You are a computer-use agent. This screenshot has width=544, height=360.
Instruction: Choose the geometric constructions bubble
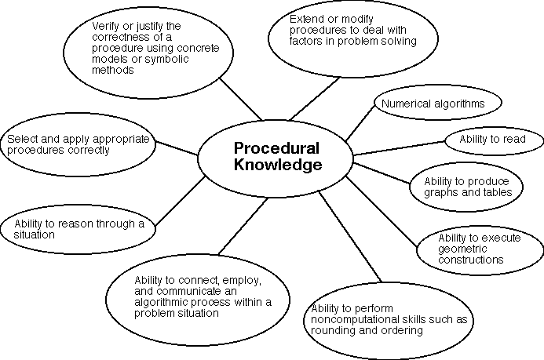click(476, 248)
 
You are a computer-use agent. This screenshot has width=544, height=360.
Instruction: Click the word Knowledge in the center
click(278, 165)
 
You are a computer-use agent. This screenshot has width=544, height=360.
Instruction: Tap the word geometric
click(459, 249)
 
